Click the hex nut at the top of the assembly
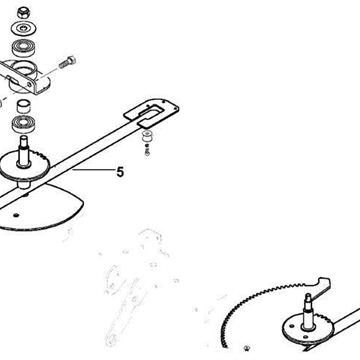(24, 13)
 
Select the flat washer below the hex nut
(24, 28)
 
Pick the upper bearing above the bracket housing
(24, 48)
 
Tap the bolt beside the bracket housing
(67, 62)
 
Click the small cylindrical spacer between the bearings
(24, 106)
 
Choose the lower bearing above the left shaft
(24, 124)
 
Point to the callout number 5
(120, 172)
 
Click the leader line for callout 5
(93, 170)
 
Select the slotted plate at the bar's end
(151, 113)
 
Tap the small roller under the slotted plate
(146, 137)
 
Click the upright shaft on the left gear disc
(24, 152)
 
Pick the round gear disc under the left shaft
(24, 166)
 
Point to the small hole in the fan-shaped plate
(15, 215)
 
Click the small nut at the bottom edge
(247, 349)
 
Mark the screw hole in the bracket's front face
(30, 85)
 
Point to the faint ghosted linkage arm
(124, 313)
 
